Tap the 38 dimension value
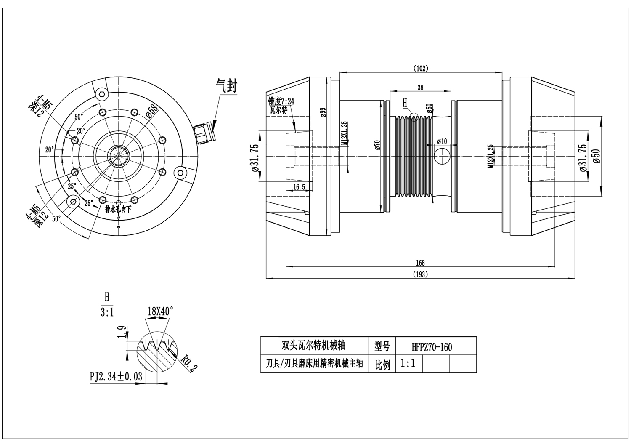[420, 88]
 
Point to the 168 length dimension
[420, 263]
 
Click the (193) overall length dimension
[420, 274]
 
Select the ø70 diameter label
[377, 145]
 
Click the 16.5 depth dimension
[299, 187]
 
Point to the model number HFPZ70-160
[432, 347]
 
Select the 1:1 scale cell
[408, 364]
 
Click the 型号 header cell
[382, 346]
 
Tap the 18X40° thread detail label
[160, 311]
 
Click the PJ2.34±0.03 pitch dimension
[116, 376]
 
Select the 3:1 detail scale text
[107, 312]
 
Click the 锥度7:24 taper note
[281, 101]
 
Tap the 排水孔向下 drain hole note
[118, 209]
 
